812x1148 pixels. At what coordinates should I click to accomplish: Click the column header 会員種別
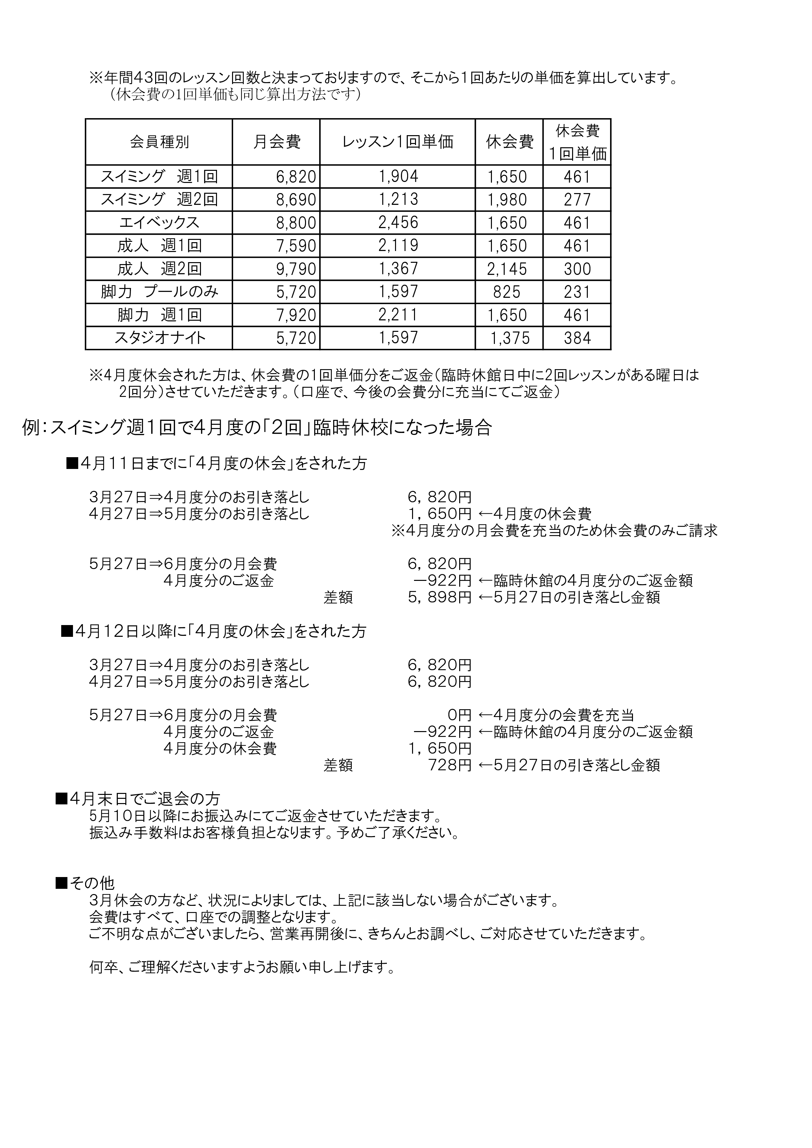coord(159,142)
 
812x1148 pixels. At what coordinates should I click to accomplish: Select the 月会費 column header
coord(277,142)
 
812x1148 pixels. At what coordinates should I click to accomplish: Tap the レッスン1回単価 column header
coord(398,142)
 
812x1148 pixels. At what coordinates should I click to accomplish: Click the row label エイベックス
coord(159,223)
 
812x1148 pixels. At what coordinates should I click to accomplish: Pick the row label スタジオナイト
coord(159,338)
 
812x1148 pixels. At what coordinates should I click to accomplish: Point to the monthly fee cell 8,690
coord(296,200)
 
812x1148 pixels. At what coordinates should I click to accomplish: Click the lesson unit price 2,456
coord(398,223)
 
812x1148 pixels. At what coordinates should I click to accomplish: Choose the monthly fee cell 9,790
coord(296,269)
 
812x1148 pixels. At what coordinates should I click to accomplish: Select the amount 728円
coord(449,765)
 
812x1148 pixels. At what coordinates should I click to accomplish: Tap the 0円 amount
coord(460,715)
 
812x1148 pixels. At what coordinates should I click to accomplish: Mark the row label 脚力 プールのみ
coord(159,292)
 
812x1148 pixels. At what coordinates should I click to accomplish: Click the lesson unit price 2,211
coord(398,315)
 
